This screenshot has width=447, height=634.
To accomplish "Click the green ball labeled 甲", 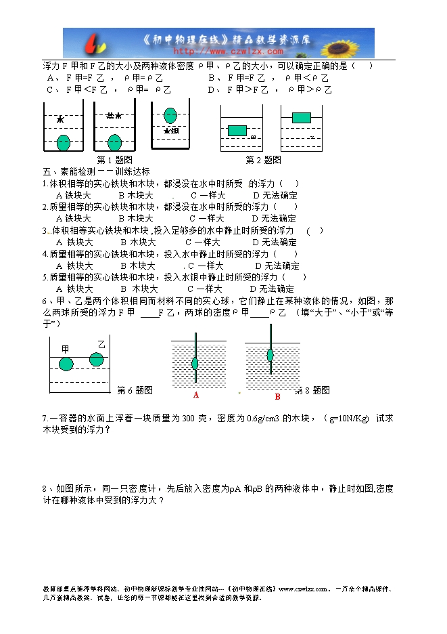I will tap(66, 364).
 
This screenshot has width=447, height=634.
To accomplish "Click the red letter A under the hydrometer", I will tap(196, 394).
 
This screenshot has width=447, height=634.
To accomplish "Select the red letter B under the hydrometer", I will tap(277, 396).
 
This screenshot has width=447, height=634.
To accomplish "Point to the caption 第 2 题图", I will tap(263, 160).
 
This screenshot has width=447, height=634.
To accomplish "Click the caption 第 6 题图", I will tap(135, 390).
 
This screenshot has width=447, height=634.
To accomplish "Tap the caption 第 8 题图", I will tap(312, 390).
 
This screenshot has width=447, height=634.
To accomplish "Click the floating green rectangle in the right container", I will tap(302, 117).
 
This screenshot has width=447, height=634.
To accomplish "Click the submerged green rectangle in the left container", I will tap(237, 130).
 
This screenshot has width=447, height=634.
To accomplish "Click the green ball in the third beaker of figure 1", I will tap(170, 115).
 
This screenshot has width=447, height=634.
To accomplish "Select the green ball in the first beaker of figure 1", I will tap(63, 142).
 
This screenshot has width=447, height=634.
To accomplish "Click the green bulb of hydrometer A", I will tap(195, 363).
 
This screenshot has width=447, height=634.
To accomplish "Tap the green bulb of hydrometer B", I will tap(270, 354).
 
